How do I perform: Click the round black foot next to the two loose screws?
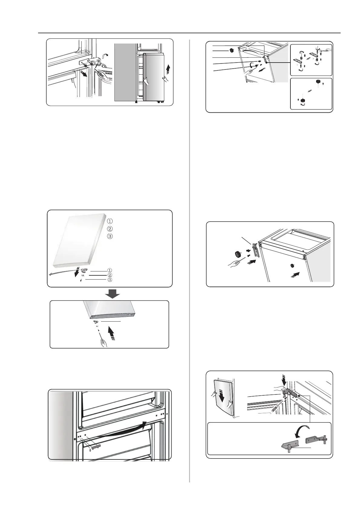click(x=237, y=253)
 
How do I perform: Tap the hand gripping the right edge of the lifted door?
click(x=165, y=79)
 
